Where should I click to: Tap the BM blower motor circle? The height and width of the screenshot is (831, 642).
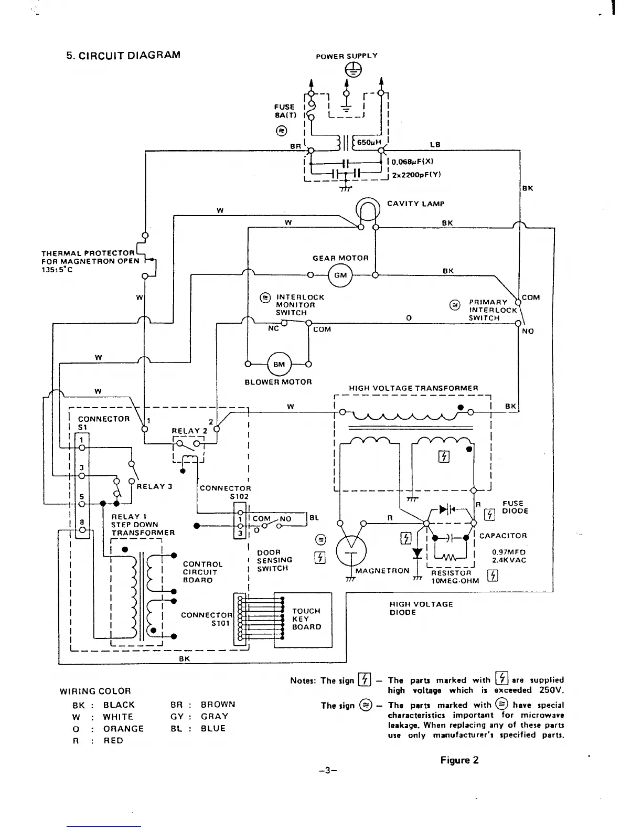(279, 364)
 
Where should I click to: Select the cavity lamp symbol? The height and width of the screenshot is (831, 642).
(368, 211)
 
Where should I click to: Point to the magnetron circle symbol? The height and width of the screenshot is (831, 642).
(351, 554)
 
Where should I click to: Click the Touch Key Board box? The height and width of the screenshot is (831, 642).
(307, 619)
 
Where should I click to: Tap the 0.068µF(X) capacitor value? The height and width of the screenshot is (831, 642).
(412, 162)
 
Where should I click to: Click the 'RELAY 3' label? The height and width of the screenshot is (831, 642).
(155, 486)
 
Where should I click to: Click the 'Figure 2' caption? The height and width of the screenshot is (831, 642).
(459, 760)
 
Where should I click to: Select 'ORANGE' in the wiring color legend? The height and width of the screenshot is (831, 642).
(123, 729)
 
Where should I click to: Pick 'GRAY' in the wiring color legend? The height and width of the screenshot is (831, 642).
(214, 717)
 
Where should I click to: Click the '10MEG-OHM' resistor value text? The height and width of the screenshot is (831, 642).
(455, 581)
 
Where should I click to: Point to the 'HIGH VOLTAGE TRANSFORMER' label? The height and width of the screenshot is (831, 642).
(414, 388)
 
